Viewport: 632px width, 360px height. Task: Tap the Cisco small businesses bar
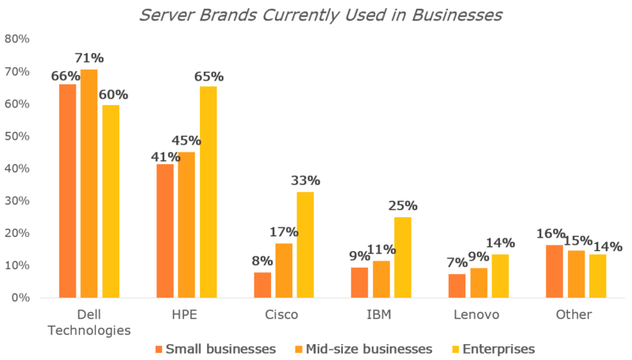pyautogui.click(x=262, y=285)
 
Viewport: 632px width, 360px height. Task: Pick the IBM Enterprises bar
pyautogui.click(x=403, y=257)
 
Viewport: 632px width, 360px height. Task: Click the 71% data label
pyautogui.click(x=89, y=58)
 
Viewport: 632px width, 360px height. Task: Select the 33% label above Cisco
pyautogui.click(x=306, y=180)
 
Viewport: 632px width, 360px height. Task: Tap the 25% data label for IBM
pyautogui.click(x=403, y=205)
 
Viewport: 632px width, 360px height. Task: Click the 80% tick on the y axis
pyautogui.click(x=17, y=39)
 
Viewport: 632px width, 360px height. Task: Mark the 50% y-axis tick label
pyautogui.click(x=17, y=136)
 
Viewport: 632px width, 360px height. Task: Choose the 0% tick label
pyautogui.click(x=21, y=298)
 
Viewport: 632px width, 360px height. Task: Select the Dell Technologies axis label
pyautogui.click(x=89, y=321)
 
